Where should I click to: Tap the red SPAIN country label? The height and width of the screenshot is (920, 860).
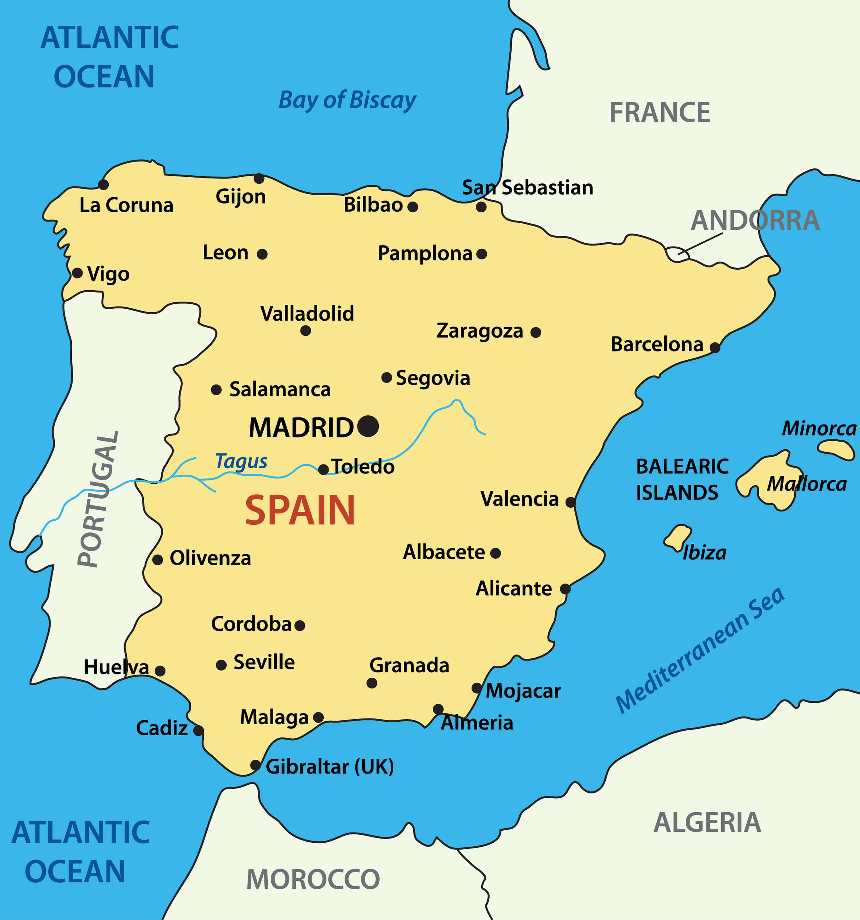point(300,511)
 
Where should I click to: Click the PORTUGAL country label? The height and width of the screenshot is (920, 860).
point(98,500)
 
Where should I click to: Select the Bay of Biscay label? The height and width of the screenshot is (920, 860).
point(347,100)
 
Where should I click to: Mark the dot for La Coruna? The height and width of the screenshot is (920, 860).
point(104,185)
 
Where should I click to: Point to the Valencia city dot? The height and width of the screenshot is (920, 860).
point(571,502)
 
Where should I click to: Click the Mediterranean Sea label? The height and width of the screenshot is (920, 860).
point(700,650)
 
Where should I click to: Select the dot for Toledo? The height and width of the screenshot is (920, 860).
point(324,470)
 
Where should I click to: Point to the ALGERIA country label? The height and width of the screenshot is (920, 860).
point(707,822)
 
